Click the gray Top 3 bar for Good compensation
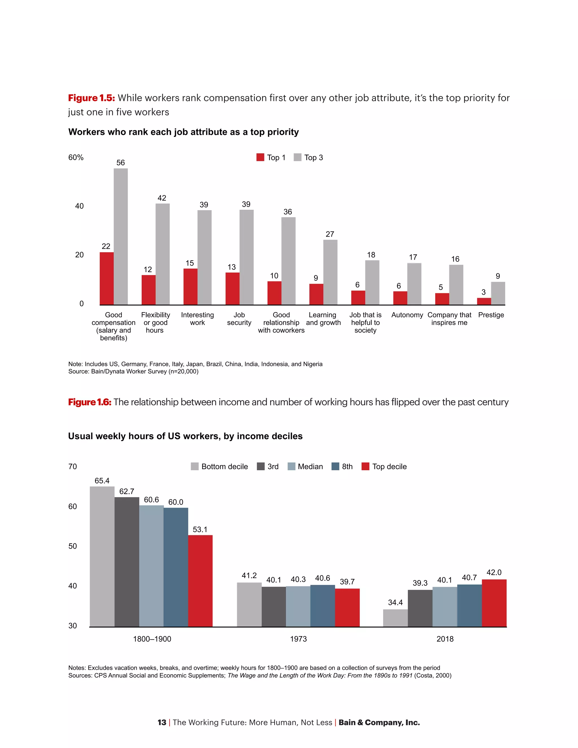coord(121,236)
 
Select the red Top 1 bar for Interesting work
coord(191,287)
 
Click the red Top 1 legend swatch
coord(260,158)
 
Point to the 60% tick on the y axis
coord(76,158)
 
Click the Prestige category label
coord(491,315)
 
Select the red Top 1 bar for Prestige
coord(484,301)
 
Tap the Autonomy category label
coord(407,315)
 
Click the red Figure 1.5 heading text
coord(91,98)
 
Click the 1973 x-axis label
coord(298,639)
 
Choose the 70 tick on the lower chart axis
coord(73,467)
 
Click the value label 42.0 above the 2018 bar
coord(494,572)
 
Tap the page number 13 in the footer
coord(162,722)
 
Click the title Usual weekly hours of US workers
coord(185,436)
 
